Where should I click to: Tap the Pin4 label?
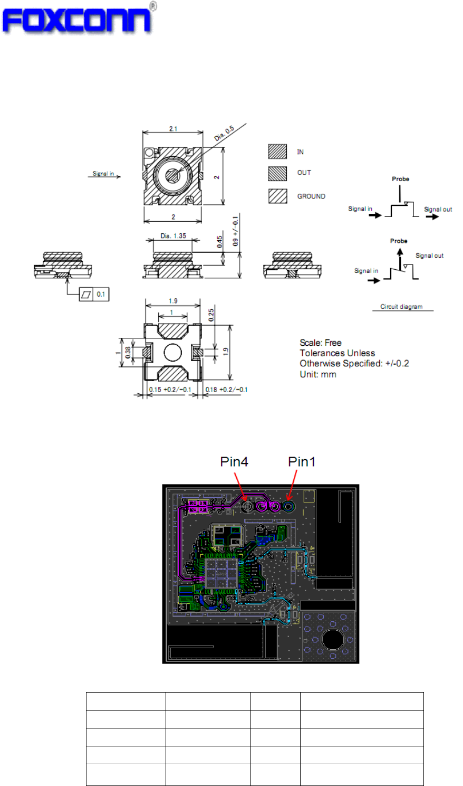tap(234, 461)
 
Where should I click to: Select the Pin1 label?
tap(302, 461)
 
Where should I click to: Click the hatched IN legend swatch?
tap(277, 152)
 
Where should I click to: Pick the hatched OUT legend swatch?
tap(277, 173)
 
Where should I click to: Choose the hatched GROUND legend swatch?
tap(277, 196)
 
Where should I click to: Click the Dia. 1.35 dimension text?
tap(173, 235)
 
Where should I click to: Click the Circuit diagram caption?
tap(401, 306)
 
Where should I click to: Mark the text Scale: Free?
tap(321, 343)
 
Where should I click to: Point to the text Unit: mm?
tap(318, 374)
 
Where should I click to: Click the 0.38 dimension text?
tap(127, 352)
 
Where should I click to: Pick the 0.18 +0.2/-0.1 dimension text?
tap(226, 390)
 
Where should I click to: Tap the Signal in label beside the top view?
tap(103, 174)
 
